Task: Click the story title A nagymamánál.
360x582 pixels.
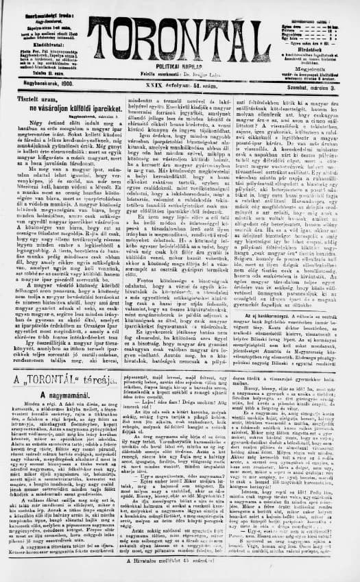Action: [x=62, y=398]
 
